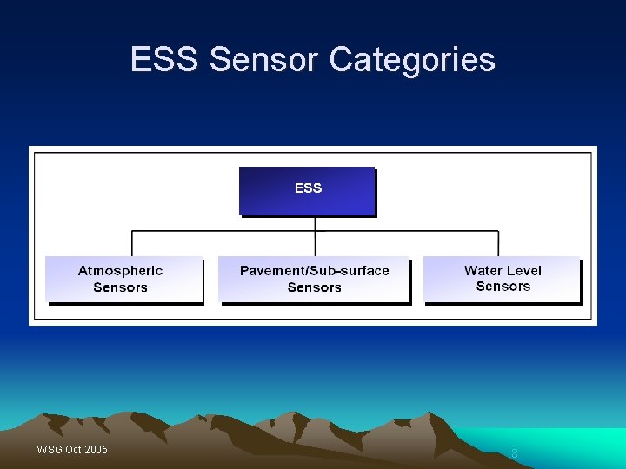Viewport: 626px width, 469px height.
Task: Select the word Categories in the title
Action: pyautogui.click(x=413, y=60)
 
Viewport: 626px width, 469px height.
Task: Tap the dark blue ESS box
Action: pyautogui.click(x=307, y=190)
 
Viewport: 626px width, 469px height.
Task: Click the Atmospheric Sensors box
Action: pyautogui.click(x=123, y=279)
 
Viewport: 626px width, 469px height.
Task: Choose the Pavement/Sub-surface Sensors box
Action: pyautogui.click(x=314, y=279)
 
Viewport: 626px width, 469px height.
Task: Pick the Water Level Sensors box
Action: pyautogui.click(x=502, y=279)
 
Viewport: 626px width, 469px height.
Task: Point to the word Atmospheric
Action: pyautogui.click(x=120, y=270)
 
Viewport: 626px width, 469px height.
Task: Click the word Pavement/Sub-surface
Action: pyautogui.click(x=314, y=270)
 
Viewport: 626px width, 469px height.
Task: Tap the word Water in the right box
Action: pyautogui.click(x=483, y=270)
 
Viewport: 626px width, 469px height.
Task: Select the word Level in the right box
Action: pyautogui.click(x=523, y=270)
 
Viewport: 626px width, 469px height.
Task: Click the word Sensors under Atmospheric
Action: pyautogui.click(x=120, y=287)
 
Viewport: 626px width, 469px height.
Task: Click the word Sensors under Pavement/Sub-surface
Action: pyautogui.click(x=314, y=287)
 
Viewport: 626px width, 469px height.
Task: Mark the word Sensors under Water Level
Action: pyautogui.click(x=503, y=287)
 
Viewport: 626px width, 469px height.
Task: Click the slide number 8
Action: pyautogui.click(x=514, y=453)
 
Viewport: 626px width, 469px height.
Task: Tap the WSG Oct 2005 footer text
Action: pyautogui.click(x=72, y=449)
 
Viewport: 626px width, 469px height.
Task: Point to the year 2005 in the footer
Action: pyautogui.click(x=96, y=449)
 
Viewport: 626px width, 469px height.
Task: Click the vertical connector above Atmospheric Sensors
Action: pyautogui.click(x=131, y=243)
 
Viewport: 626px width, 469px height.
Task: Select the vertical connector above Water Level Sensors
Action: pyautogui.click(x=498, y=243)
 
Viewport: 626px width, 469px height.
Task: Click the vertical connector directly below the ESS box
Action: pyautogui.click(x=315, y=223)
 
